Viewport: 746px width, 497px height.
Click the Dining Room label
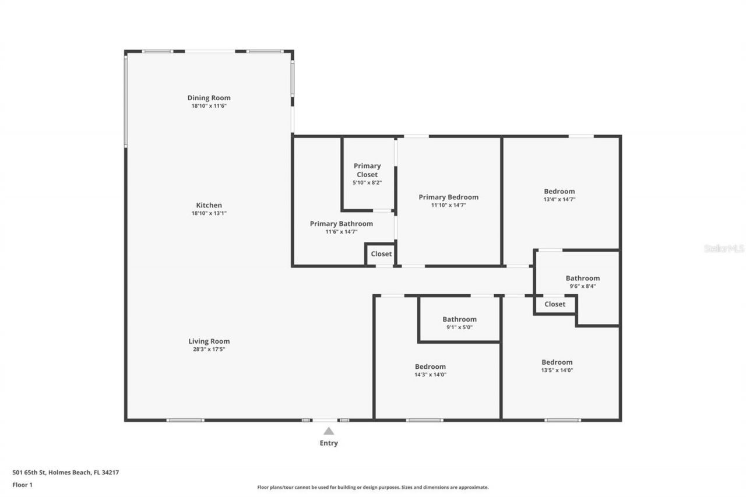pos(209,98)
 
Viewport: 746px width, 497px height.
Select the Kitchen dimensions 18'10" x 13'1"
pos(209,213)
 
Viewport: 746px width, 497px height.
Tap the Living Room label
pos(209,341)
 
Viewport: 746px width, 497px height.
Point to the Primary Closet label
pos(367,170)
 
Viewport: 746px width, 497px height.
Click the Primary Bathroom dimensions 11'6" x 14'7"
pos(341,232)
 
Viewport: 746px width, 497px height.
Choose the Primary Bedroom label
pos(448,197)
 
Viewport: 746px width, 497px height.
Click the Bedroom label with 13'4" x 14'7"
pos(559,191)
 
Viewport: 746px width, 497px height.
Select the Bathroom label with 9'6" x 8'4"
pos(582,278)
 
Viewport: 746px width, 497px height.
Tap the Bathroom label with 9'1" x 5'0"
pos(459,319)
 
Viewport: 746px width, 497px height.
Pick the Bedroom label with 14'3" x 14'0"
pos(430,366)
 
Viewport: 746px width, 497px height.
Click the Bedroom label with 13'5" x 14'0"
pos(557,362)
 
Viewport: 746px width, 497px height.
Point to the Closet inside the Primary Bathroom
pos(381,254)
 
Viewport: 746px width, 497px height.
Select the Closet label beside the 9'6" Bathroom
pos(554,304)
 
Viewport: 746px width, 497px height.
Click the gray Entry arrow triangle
pos(329,431)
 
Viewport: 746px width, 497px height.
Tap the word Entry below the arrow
pos(329,443)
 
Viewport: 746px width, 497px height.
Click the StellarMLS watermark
pos(724,248)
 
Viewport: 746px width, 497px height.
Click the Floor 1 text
pos(22,484)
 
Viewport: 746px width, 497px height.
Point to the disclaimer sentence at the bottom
pos(373,487)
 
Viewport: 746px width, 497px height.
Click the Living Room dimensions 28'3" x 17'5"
pos(209,350)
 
